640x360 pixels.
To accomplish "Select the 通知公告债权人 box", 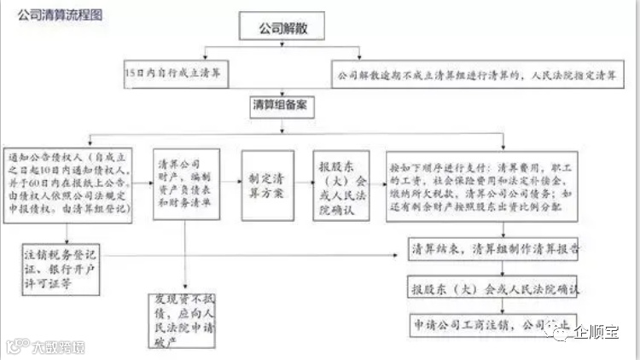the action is [x=68, y=184].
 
